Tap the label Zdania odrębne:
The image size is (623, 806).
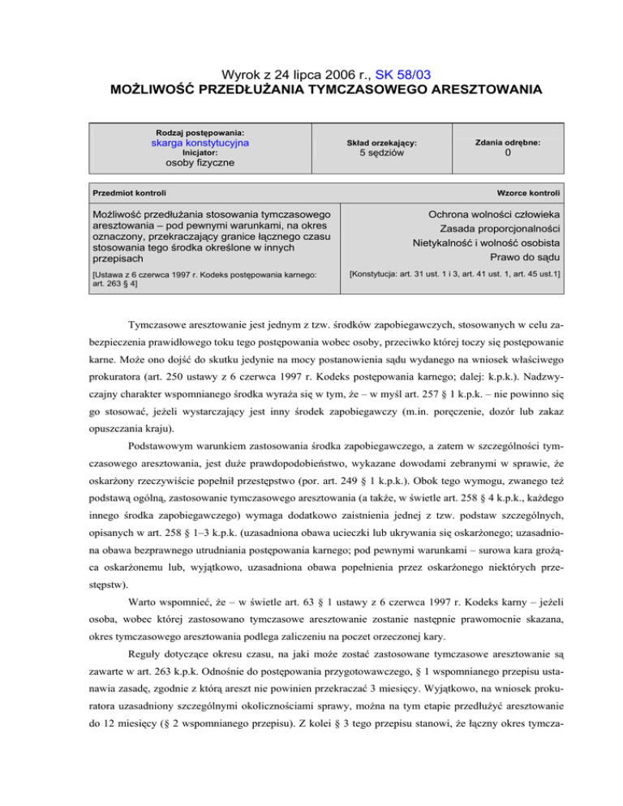(507, 142)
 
